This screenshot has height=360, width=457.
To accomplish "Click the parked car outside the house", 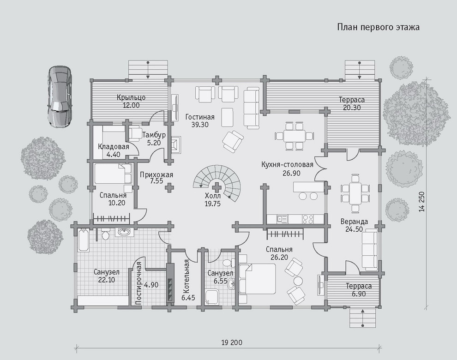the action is [x=60, y=96].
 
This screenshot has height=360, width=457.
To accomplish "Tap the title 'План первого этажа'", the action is [x=379, y=27].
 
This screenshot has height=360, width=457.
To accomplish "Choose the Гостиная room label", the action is [x=200, y=117].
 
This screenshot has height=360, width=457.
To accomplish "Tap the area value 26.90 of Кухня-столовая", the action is [x=291, y=173].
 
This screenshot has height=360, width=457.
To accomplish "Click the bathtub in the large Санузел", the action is [x=84, y=240].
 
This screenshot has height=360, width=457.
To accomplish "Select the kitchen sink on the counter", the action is [x=282, y=219].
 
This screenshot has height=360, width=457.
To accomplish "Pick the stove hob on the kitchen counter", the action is [x=308, y=219].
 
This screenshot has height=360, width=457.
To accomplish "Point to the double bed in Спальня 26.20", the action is [x=257, y=279].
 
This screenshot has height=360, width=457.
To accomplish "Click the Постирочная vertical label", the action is [x=138, y=283].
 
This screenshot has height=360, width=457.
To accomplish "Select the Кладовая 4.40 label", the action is [x=114, y=150].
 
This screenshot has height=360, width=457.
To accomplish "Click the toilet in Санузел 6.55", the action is [x=227, y=262].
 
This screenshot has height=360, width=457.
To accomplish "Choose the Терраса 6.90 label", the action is [x=359, y=290].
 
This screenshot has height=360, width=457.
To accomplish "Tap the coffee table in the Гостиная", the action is [x=227, y=117].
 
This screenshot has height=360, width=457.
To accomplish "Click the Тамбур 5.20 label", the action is [x=154, y=139].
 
